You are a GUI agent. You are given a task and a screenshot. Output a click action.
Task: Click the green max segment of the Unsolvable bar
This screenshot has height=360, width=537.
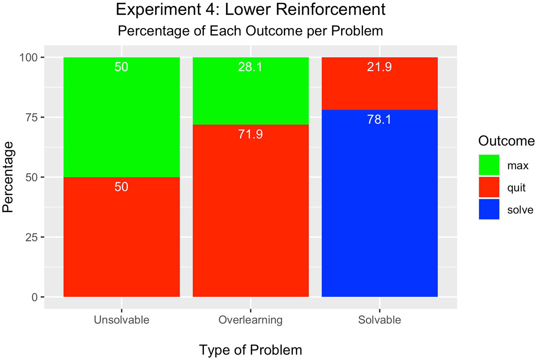121,117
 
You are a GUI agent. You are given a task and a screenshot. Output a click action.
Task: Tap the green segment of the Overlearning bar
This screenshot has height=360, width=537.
250,95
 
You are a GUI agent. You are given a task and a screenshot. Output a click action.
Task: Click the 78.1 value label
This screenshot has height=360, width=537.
379,120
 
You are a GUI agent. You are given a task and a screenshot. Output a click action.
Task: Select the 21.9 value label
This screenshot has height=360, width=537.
379,67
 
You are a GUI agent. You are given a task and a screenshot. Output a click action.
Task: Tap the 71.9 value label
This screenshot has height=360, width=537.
250,134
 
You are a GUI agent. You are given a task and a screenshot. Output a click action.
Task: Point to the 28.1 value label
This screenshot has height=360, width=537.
250,67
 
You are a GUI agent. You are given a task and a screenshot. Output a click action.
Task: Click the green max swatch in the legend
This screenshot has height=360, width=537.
489,165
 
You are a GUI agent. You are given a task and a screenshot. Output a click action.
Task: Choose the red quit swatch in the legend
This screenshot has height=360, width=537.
489,187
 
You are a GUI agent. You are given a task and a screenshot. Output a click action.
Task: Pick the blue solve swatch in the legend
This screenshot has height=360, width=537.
489,209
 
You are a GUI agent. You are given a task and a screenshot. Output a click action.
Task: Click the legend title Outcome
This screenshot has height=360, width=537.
506,141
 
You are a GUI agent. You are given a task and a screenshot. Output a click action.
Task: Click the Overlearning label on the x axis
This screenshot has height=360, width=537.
250,320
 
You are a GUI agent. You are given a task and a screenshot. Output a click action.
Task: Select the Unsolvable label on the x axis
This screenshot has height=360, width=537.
121,320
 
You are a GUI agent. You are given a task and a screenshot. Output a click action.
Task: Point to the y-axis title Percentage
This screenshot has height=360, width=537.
8,177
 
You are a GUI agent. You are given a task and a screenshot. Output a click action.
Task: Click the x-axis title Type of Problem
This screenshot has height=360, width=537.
250,350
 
